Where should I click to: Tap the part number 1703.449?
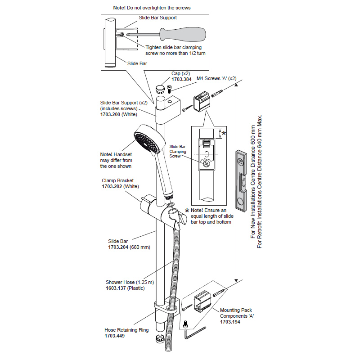pyautogui.click(x=115, y=336)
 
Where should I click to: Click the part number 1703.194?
pyautogui.click(x=230, y=322)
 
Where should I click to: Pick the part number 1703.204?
pyautogui.click(x=118, y=247)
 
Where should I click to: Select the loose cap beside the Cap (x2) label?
pyautogui.click(x=161, y=87)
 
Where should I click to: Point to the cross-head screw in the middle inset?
pyautogui.click(x=206, y=164)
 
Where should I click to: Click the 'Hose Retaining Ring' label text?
pyautogui.click(x=126, y=330)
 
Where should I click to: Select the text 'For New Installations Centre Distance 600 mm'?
pyautogui.click(x=252, y=180)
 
